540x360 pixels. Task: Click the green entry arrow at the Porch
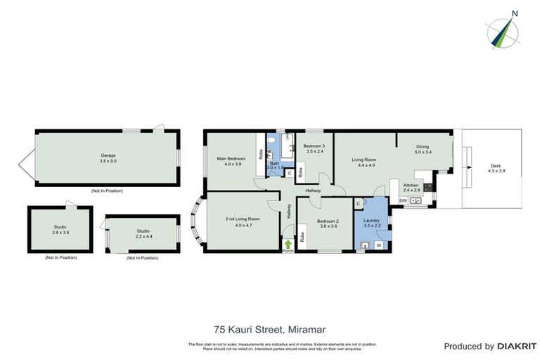point(287,244)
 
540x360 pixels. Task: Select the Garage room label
point(108,158)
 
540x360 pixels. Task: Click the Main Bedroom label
point(231,162)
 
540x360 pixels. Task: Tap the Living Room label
point(364,162)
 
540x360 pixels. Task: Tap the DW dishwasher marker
point(403,201)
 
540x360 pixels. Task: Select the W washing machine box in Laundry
point(378,245)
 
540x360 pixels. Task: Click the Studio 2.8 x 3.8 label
point(60,230)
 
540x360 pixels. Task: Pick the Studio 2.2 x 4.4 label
point(143,233)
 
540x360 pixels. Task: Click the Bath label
point(274,165)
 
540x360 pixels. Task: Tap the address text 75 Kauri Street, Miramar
point(269,328)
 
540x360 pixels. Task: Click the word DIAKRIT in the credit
point(516,346)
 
